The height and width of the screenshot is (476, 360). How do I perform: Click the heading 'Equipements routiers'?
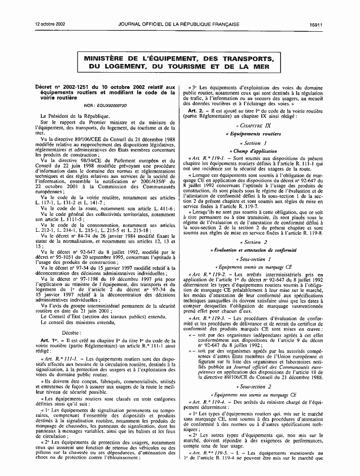coord(255,134)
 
